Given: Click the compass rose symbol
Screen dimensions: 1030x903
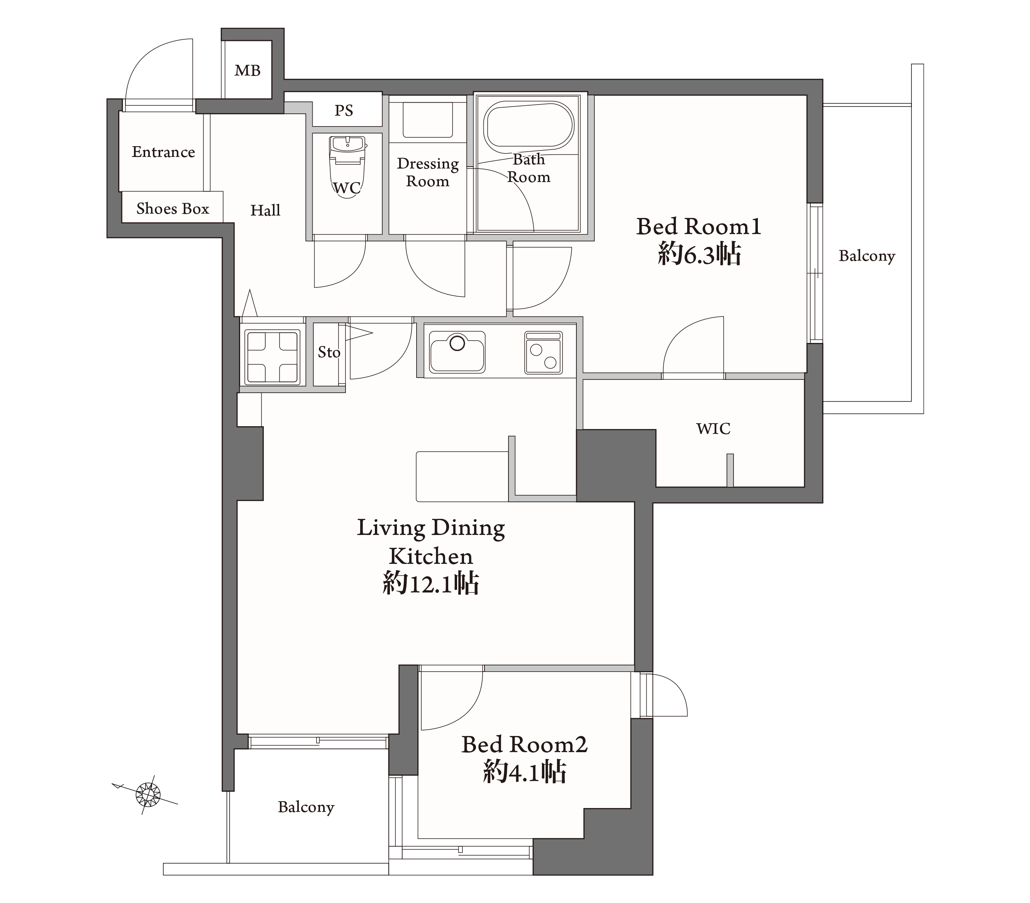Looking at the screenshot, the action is pos(147,794).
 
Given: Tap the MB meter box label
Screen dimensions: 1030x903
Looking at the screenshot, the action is pos(247,71).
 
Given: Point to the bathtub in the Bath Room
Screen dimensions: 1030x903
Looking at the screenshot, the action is pos(529,127).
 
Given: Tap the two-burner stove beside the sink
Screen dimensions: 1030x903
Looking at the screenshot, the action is pos(543,353).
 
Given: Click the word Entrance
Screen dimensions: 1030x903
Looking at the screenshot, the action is pos(163,152).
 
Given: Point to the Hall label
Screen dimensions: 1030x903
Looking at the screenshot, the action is pos(265,210).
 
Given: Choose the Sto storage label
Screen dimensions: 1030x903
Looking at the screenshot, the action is pos(329,352).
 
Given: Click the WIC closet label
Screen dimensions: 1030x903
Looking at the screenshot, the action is pos(713,429).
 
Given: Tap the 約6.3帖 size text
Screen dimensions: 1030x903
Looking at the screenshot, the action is pos(699,254).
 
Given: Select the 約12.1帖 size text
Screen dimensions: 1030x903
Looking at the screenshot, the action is pos(431,584).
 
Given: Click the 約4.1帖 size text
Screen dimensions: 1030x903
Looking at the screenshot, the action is pos(525,772).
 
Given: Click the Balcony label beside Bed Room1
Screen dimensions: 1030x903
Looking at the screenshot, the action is pos(867,256).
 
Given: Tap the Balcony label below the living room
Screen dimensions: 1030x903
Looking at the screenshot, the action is pos(306,807).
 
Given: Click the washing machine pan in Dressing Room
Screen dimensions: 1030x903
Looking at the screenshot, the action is pos(427,120).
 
